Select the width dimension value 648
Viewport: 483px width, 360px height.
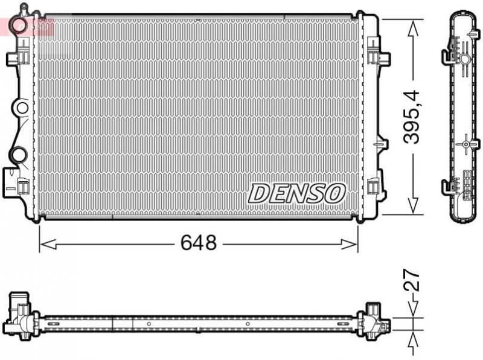tap(199, 243)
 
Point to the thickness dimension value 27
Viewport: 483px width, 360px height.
tap(412, 281)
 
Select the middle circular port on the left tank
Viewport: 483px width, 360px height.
tap(22, 109)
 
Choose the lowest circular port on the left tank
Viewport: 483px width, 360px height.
tap(19, 154)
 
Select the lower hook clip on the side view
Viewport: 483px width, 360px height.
tap(447, 186)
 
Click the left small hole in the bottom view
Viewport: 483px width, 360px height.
tap(148, 323)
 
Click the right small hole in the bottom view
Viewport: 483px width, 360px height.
tap(248, 323)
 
